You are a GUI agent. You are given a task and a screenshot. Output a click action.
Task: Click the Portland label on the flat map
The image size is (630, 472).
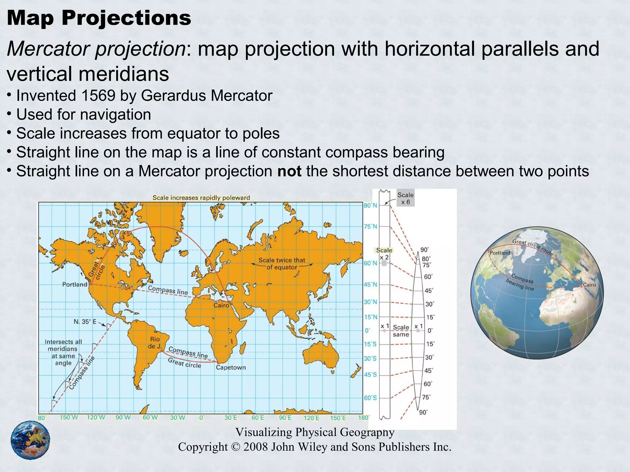(75, 285)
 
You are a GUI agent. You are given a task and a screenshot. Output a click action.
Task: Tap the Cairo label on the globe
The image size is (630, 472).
(589, 285)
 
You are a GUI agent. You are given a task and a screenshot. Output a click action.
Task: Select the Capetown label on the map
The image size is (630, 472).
(231, 368)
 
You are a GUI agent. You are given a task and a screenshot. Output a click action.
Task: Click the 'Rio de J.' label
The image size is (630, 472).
(155, 343)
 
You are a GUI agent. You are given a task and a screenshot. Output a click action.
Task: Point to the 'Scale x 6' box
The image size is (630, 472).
(405, 198)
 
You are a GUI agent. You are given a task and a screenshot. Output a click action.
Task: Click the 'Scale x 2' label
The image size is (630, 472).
(384, 254)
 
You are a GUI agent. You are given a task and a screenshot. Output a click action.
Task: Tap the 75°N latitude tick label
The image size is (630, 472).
(370, 226)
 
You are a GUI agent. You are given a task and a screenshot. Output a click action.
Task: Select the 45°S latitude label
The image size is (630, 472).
(370, 375)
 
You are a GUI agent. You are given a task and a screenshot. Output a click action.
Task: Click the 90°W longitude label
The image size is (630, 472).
(123, 418)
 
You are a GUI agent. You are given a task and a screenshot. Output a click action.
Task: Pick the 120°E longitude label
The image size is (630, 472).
(311, 418)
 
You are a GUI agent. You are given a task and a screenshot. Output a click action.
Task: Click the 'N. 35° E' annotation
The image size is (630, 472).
(85, 322)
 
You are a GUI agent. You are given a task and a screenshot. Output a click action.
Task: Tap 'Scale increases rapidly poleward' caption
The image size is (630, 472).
(201, 198)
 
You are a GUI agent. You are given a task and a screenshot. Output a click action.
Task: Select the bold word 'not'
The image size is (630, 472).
(289, 171)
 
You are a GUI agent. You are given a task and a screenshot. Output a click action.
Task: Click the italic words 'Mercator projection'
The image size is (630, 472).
(96, 49)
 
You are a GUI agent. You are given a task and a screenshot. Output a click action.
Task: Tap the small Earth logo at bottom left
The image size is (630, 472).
(30, 440)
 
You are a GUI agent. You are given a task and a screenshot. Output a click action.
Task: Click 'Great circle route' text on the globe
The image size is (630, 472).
(532, 247)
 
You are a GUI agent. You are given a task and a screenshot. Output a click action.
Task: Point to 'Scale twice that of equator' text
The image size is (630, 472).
(282, 264)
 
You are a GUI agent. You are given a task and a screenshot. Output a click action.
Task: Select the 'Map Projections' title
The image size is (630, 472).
(99, 18)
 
